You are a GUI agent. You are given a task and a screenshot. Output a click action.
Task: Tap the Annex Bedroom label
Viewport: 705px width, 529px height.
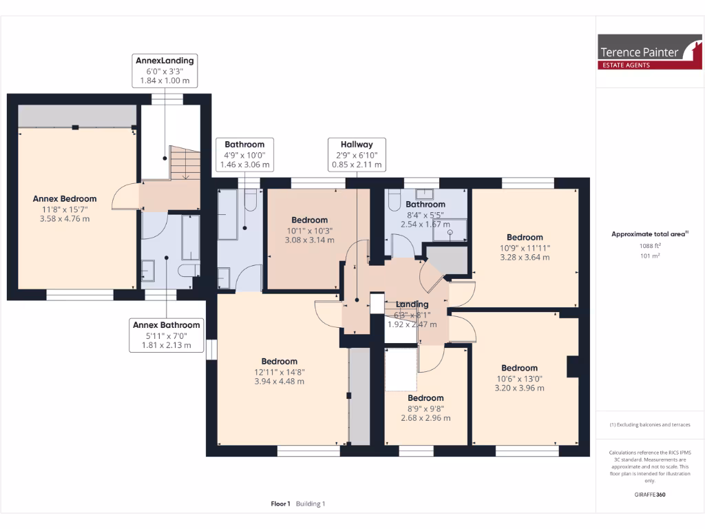(x=65, y=199)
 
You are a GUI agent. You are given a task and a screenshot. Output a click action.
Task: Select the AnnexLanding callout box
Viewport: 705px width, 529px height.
(x=165, y=71)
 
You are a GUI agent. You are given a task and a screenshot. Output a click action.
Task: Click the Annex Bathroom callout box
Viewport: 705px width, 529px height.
(x=166, y=335)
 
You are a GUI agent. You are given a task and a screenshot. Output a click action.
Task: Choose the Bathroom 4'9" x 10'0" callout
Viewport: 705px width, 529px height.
(x=244, y=155)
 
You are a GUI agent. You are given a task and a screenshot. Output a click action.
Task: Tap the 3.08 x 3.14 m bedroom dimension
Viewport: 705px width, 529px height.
(x=309, y=240)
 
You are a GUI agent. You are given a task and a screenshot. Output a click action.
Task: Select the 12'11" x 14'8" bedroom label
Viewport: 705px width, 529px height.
(x=279, y=371)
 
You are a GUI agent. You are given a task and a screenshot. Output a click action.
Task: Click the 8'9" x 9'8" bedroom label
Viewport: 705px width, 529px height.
(x=425, y=408)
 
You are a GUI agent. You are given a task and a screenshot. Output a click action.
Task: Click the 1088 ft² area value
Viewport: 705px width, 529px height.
(x=650, y=245)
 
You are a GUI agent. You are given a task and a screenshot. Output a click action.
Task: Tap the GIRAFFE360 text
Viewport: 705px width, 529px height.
(x=650, y=495)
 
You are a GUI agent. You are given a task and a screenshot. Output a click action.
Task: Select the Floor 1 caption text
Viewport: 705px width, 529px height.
(x=281, y=504)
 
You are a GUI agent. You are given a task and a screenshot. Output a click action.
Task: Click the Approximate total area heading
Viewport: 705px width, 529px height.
(x=649, y=234)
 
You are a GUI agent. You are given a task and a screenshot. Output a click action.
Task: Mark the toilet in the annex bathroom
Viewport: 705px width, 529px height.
(x=189, y=271)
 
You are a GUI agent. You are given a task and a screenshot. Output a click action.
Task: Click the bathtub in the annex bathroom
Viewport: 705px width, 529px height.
(x=190, y=238)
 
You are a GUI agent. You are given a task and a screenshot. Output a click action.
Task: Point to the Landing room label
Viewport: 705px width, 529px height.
(x=412, y=304)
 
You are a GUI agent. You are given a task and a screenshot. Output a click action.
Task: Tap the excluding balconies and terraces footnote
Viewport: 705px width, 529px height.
(x=649, y=425)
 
